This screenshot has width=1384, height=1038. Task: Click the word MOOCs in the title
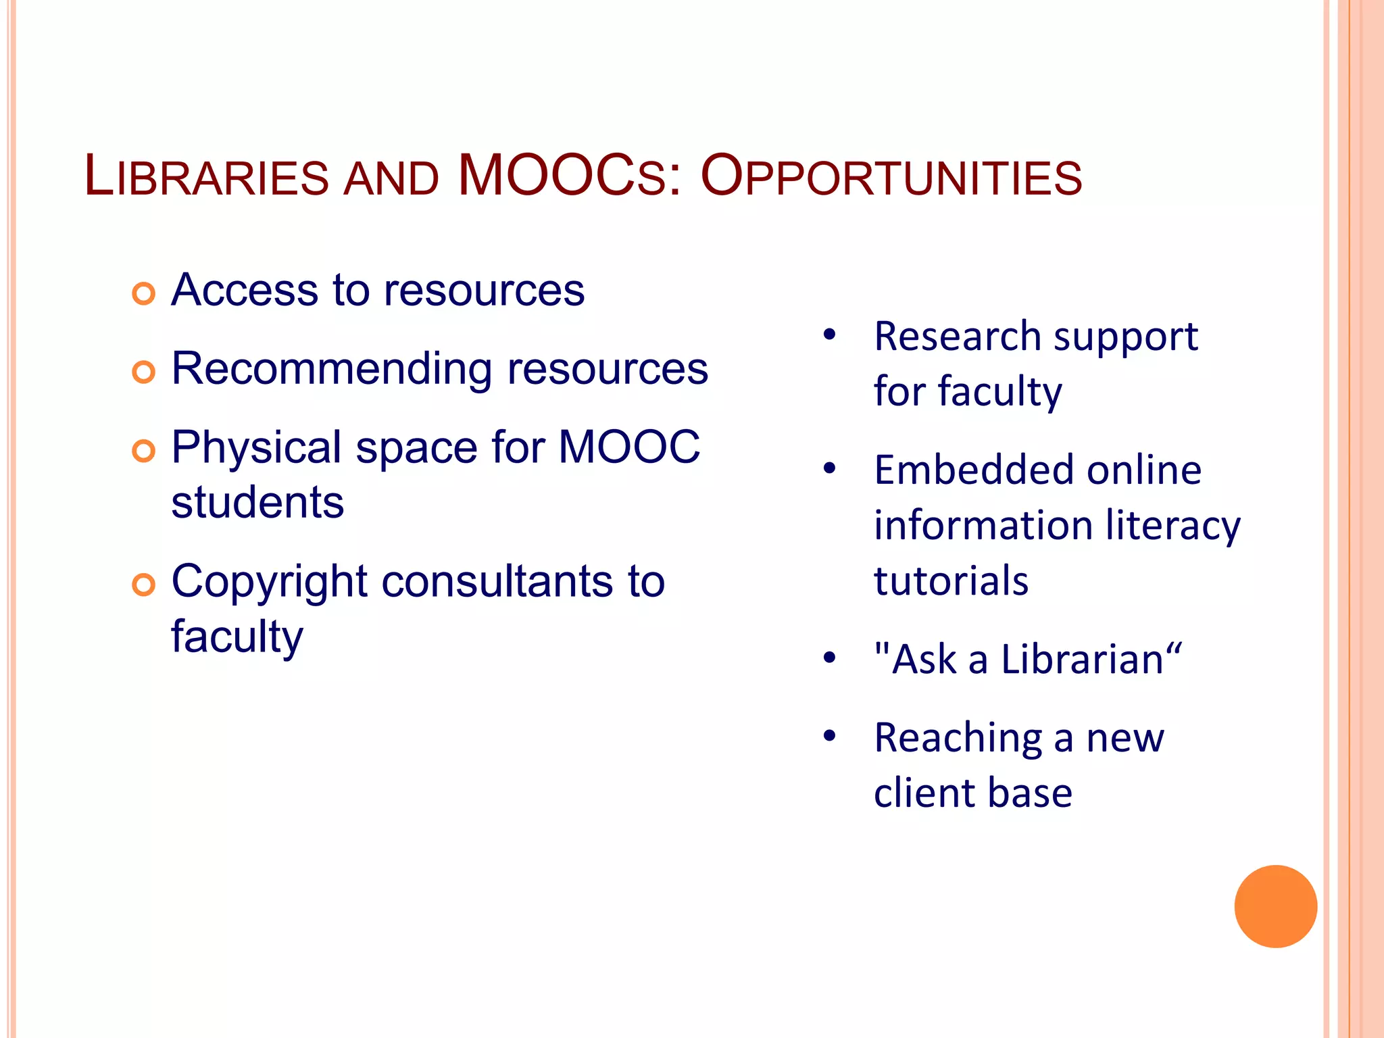click(x=562, y=177)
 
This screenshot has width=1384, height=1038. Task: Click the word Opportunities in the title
click(x=891, y=177)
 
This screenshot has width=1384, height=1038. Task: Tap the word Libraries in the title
click(x=206, y=177)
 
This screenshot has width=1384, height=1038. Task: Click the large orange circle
click(x=1275, y=906)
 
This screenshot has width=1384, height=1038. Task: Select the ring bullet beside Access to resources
click(x=143, y=293)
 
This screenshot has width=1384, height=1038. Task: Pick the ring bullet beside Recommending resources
click(x=143, y=372)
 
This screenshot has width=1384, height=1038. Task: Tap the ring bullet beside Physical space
click(x=143, y=450)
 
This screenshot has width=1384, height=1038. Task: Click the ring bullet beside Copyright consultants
click(x=143, y=585)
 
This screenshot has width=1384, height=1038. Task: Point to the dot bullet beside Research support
click(x=830, y=335)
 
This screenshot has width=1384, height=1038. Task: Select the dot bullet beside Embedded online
click(x=830, y=468)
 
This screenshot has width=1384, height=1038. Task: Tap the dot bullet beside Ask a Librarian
click(x=830, y=657)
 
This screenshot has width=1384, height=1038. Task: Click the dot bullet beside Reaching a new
click(x=830, y=735)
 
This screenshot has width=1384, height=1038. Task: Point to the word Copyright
click(x=270, y=583)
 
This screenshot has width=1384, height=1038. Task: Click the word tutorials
click(x=951, y=580)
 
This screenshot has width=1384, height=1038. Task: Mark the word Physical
click(x=256, y=448)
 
